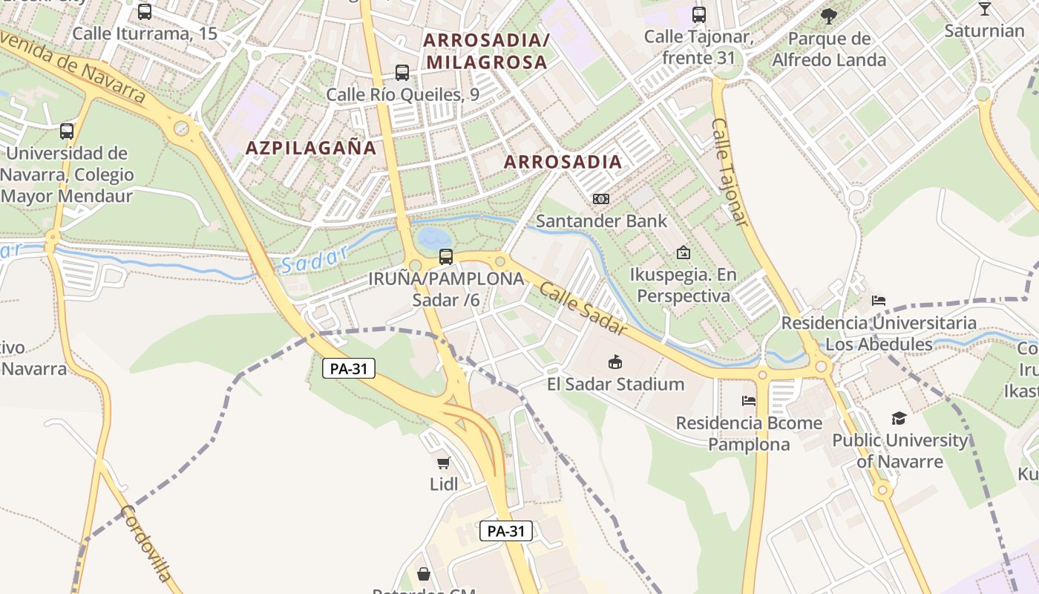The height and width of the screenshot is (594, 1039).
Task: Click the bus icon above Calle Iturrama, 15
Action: [145, 12]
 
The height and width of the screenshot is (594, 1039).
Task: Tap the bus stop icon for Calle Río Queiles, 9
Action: [402, 73]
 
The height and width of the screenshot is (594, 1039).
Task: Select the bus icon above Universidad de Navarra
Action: [67, 131]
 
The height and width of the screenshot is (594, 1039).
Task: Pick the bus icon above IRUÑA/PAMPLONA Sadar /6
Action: [446, 257]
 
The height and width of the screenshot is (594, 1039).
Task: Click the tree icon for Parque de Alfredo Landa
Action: [829, 16]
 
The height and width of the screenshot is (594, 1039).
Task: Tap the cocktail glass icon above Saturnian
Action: [984, 9]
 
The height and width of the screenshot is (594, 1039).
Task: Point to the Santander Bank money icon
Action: [601, 199]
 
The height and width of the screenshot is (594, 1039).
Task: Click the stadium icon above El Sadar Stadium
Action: [615, 362]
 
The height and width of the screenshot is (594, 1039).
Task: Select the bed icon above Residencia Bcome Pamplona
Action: [749, 401]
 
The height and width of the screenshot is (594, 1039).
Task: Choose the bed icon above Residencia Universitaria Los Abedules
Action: [879, 301]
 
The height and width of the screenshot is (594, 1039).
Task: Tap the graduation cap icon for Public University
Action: [899, 418]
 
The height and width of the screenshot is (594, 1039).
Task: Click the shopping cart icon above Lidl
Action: [444, 463]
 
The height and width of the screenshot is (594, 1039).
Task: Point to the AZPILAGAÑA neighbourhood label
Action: [311, 148]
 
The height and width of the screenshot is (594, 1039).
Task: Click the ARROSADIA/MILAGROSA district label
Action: [486, 50]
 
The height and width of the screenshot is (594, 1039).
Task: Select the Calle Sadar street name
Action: [583, 309]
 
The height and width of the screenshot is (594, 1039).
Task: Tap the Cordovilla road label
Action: [145, 543]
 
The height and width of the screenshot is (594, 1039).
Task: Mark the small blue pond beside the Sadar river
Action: [433, 238]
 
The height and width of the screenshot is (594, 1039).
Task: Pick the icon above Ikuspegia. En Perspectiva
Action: [684, 253]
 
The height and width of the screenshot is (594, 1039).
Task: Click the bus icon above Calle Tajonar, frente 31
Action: [699, 14]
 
